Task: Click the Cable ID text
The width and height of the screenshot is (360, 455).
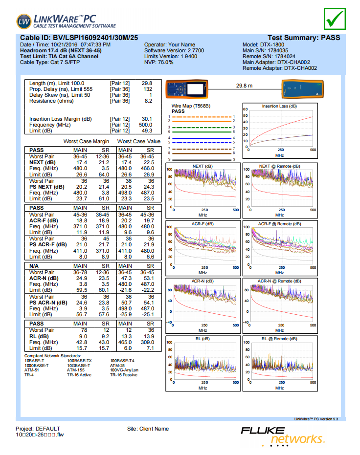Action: [79, 38]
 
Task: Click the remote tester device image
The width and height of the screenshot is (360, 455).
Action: [302, 89]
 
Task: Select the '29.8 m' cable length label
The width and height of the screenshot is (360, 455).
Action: [244, 86]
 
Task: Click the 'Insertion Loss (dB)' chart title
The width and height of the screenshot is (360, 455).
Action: [279, 106]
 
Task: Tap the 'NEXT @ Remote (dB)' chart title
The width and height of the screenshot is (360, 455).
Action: [279, 166]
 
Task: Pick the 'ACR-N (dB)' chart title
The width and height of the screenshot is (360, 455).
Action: [202, 281]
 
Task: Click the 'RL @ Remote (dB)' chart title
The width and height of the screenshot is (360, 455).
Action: [279, 339]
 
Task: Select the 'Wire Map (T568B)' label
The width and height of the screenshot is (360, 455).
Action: [191, 106]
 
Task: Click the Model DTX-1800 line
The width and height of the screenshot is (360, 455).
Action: [263, 44]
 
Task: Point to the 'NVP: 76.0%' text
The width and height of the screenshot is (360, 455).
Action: [159, 63]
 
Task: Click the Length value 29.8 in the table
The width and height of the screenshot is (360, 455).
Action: [147, 84]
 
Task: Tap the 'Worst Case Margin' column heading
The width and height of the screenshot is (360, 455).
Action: [86, 141]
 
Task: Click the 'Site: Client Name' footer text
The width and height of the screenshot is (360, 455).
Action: [148, 429]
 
